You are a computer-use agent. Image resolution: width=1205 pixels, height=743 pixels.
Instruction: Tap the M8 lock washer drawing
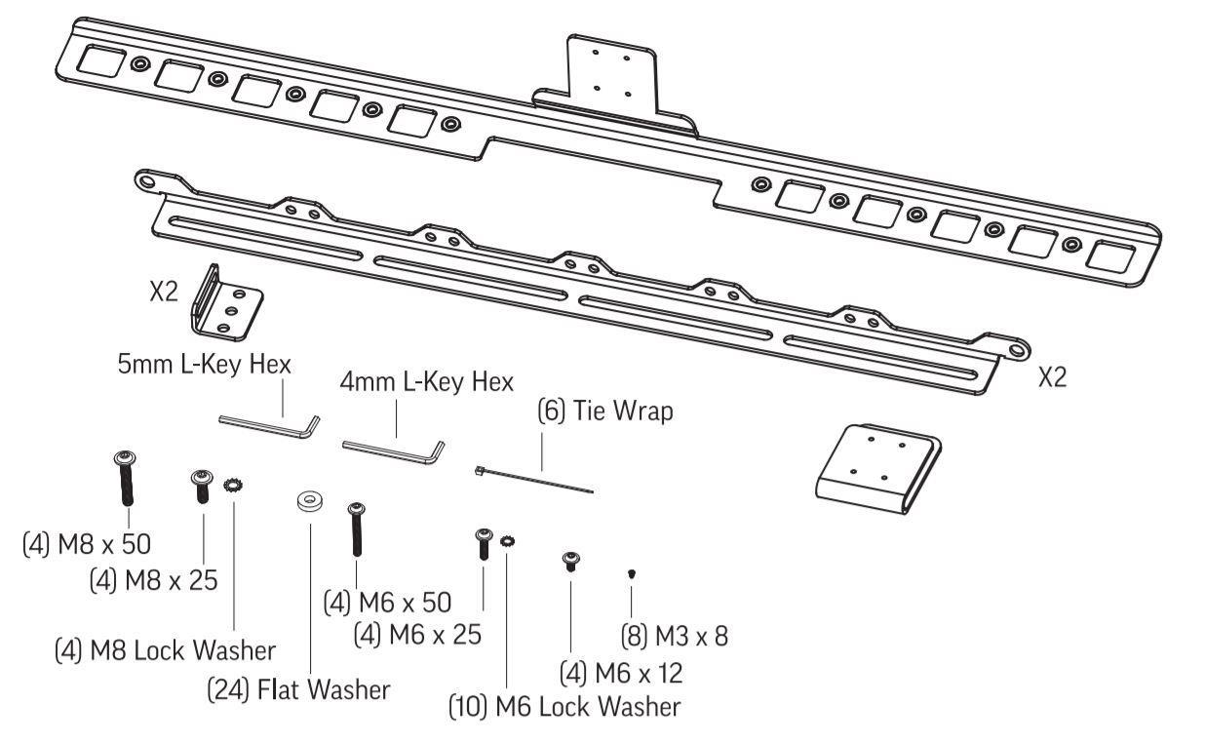[233, 485]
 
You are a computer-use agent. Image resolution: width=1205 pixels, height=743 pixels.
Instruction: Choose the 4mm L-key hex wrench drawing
[394, 450]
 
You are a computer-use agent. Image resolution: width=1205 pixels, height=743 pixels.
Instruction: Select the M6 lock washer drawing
[508, 541]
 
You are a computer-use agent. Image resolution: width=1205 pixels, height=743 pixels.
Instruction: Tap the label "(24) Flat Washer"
[299, 689]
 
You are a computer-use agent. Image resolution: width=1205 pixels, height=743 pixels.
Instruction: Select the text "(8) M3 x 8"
[675, 637]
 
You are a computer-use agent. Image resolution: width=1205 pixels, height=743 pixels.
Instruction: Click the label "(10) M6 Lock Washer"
[564, 706]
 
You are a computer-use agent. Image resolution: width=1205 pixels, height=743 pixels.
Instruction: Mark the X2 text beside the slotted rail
[1052, 377]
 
